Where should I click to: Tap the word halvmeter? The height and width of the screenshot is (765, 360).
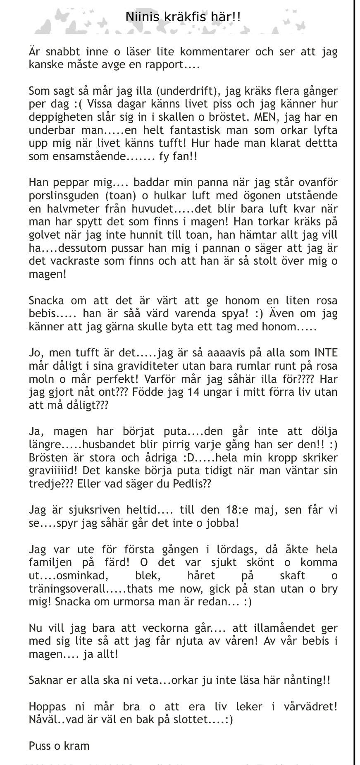tap(70, 209)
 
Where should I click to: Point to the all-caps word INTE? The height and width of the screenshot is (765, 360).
tap(326, 353)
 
